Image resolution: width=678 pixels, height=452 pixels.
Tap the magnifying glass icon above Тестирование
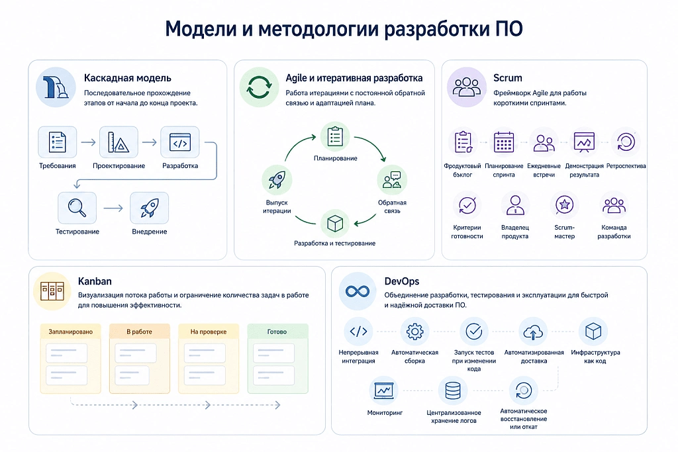coord(77,208)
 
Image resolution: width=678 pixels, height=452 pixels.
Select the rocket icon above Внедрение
coord(149,208)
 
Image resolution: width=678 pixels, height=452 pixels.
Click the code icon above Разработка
coord(180,142)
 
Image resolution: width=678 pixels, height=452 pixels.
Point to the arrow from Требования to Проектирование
coord(88,142)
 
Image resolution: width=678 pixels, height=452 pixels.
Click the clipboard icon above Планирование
coord(335,136)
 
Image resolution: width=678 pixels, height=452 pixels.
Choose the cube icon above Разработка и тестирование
coord(335,224)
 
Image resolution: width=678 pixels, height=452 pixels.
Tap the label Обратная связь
coord(392,206)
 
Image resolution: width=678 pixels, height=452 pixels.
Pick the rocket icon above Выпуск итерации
coord(277,180)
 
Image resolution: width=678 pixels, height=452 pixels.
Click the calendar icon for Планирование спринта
coord(504,142)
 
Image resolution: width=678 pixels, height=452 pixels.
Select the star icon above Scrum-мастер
coord(564,205)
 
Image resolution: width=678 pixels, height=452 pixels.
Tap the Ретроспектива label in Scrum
coord(626,166)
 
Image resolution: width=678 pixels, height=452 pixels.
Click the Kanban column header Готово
coord(277,332)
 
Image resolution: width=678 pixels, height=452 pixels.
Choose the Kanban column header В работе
coord(139,332)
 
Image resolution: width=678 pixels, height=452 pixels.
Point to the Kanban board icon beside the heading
coord(52,291)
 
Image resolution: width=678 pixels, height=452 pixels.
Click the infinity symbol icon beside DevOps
coord(358,291)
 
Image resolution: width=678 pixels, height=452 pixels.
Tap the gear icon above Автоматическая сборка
coord(414,332)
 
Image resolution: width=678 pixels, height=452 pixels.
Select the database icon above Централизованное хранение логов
coord(453,390)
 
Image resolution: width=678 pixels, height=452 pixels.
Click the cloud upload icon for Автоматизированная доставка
coord(533,332)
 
